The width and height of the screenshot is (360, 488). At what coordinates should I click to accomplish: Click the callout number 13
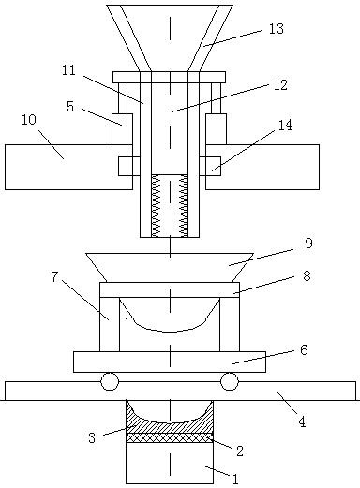click(277, 29)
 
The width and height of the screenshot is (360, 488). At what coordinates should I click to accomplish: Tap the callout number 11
click(68, 70)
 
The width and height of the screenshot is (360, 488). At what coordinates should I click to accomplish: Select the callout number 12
click(280, 85)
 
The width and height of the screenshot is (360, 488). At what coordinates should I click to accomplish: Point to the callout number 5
click(70, 107)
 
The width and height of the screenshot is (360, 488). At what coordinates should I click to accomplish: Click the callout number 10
click(29, 120)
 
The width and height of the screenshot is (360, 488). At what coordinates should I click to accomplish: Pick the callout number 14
click(285, 125)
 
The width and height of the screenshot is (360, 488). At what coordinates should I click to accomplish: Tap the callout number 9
click(308, 243)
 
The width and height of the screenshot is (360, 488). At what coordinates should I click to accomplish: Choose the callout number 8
click(307, 276)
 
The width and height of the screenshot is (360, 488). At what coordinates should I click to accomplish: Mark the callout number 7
click(54, 276)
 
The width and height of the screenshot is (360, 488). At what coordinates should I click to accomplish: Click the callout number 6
click(304, 350)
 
